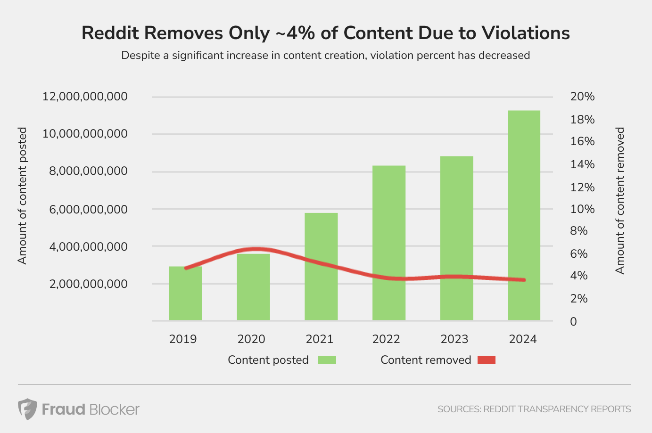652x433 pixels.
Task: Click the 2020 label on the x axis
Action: [x=251, y=339]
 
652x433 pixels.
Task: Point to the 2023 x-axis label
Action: [x=454, y=339]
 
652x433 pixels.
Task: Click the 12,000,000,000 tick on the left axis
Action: [x=85, y=97]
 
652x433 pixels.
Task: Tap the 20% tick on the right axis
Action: [x=582, y=97]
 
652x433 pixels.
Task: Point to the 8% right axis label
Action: [x=579, y=231]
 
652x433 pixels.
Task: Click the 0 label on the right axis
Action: [x=573, y=321]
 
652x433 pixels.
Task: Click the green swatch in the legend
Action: [x=327, y=360]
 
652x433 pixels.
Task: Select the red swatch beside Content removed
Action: [x=487, y=360]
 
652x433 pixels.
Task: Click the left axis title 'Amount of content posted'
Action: [x=22, y=196]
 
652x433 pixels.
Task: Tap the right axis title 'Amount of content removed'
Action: [x=620, y=200]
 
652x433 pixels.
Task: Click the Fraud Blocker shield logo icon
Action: [x=27, y=408]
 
